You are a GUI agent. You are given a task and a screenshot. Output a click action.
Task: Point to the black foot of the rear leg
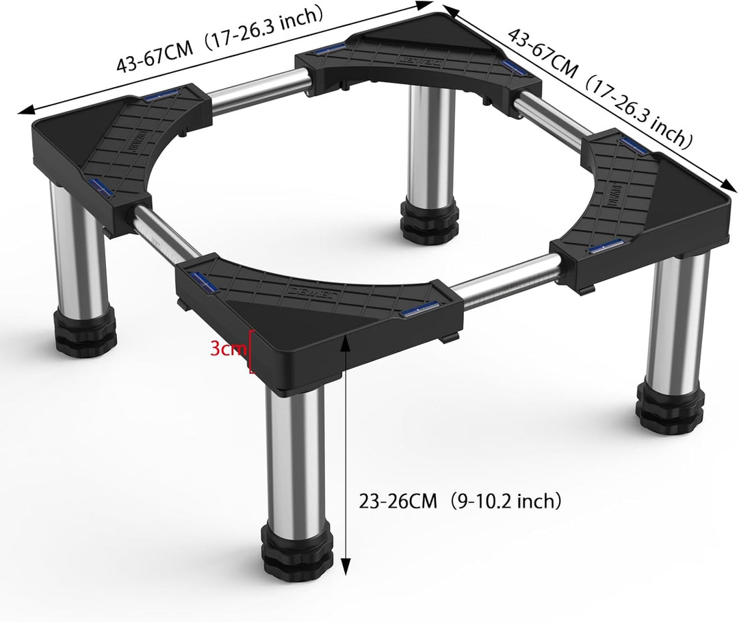click(x=429, y=220)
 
